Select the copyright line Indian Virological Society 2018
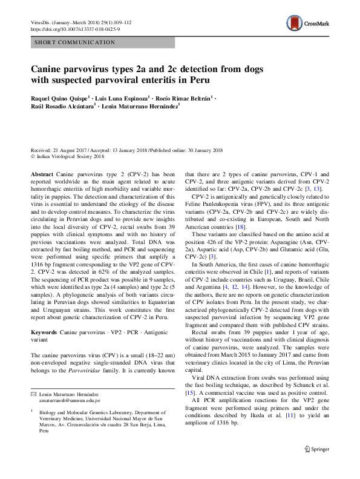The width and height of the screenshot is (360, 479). pyautogui.click(x=72, y=156)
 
